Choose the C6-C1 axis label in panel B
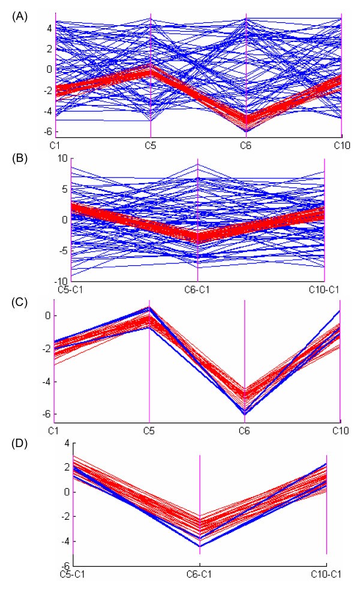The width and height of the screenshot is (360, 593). [197, 289]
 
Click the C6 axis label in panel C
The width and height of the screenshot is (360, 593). [245, 431]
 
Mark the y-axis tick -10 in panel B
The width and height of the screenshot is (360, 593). [61, 281]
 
